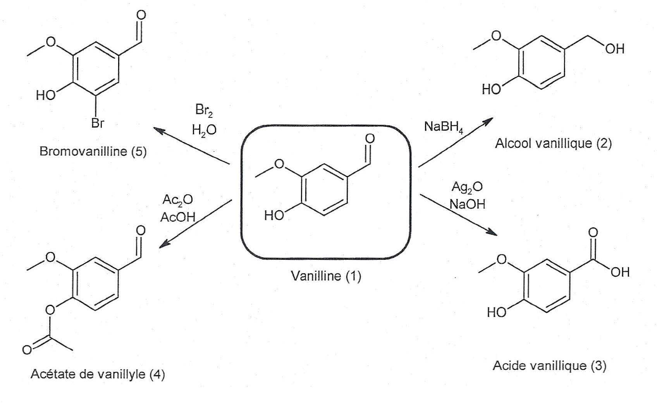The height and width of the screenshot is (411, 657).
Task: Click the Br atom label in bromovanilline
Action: click(98, 123)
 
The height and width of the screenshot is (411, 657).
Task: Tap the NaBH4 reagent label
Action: click(443, 127)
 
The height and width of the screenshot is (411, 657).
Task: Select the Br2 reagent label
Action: click(204, 111)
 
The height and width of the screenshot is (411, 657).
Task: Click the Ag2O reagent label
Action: click(467, 187)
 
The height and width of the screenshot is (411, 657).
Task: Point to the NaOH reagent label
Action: click(467, 204)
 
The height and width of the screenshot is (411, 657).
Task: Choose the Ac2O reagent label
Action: click(177, 200)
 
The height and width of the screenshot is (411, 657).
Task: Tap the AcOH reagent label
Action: click(178, 217)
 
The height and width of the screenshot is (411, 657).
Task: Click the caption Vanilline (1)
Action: click(326, 276)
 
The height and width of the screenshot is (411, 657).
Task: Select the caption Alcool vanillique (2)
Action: click(553, 143)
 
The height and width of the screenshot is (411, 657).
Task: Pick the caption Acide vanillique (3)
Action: click(549, 366)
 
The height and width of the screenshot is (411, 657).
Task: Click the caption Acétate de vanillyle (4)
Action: click(98, 374)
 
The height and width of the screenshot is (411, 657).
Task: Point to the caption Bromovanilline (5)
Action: click(93, 151)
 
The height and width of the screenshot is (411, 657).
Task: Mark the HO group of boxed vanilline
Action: click(274, 215)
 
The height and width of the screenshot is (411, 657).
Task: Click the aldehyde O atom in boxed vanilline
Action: click(370, 138)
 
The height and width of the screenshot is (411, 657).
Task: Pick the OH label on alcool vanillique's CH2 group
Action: click(615, 49)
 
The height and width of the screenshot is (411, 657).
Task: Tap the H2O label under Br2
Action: click(204, 130)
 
